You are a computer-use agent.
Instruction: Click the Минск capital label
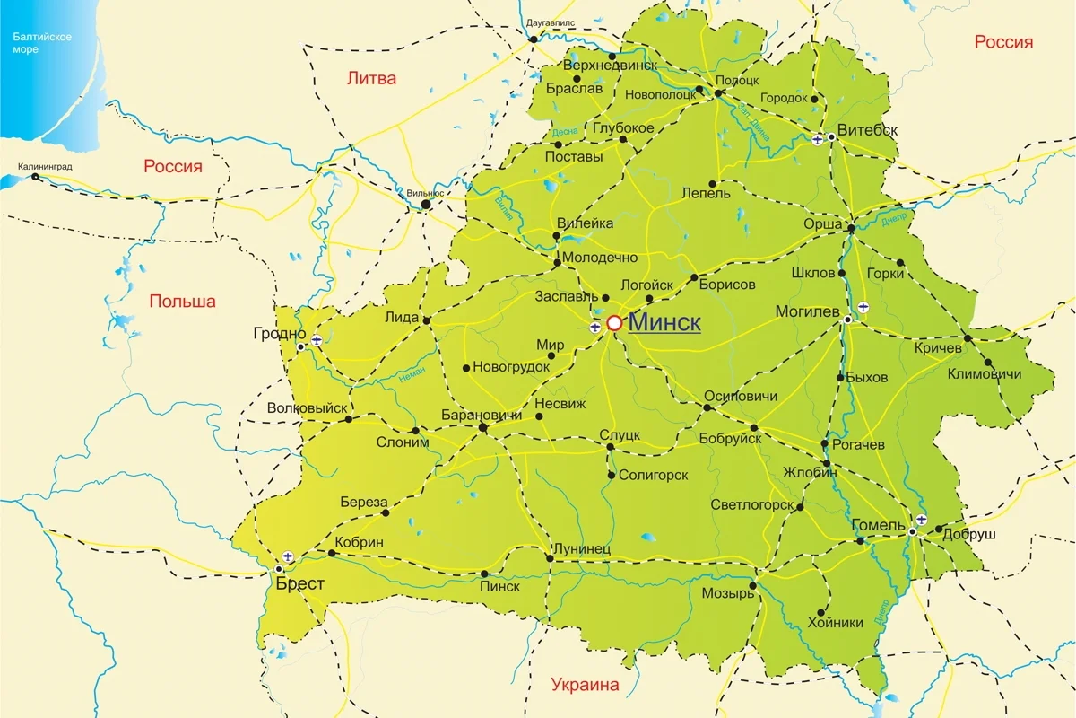(664, 323)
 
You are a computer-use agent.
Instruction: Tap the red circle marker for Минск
(614, 323)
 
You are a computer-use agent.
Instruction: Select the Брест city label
(299, 583)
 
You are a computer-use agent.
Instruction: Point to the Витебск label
(867, 130)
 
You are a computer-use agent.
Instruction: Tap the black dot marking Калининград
(36, 177)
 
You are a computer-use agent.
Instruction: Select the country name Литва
(371, 78)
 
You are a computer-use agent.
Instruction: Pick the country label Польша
(183, 302)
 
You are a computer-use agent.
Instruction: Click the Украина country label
(586, 685)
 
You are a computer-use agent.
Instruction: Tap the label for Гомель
(879, 524)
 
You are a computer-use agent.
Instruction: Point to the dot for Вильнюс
(427, 205)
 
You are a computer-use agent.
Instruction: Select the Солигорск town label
(653, 475)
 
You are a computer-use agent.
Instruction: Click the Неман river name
(412, 375)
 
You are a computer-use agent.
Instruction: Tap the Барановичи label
(482, 416)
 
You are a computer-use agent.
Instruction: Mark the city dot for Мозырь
(752, 585)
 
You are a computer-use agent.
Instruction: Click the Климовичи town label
(984, 373)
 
